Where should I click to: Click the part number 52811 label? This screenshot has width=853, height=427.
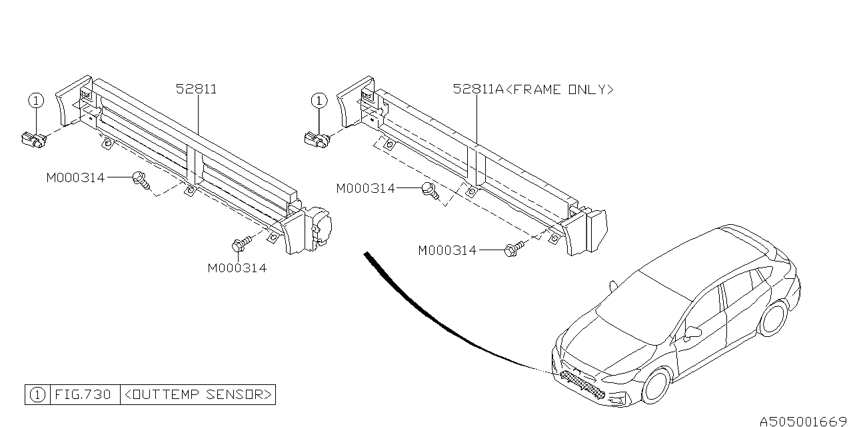click(x=197, y=89)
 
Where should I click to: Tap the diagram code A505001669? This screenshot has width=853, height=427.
click(x=803, y=421)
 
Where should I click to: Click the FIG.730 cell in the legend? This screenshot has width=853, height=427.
click(x=83, y=394)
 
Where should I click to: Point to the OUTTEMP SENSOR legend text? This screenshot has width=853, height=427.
click(x=198, y=394)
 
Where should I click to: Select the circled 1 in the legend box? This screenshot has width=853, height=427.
click(x=37, y=394)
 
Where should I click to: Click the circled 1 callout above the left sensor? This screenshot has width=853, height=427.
click(x=35, y=101)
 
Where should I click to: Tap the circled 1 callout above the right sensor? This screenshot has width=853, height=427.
click(x=319, y=101)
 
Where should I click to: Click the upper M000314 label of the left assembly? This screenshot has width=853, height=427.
click(x=75, y=177)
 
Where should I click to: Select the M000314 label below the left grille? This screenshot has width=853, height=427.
click(x=237, y=268)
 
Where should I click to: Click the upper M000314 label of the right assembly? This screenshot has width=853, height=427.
click(x=365, y=189)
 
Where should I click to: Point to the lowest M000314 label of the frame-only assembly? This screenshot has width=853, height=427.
click(x=447, y=251)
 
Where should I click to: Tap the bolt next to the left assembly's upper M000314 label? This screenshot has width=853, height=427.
click(x=141, y=179)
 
